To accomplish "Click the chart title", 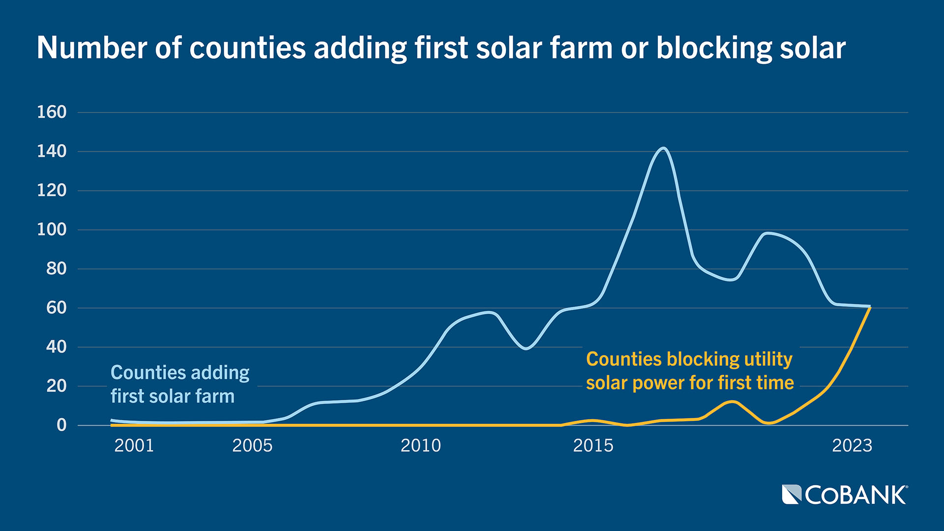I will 441,48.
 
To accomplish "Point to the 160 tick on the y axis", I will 52,112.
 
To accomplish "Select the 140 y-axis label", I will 52,151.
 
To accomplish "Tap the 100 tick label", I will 52,230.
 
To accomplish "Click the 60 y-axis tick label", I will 56,308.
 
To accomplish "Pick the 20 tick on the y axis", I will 56,386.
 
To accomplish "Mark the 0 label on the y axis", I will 61,425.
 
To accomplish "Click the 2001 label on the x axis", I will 134,445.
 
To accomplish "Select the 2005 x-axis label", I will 252,445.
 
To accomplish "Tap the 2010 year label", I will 420,445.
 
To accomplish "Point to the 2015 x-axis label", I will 593,445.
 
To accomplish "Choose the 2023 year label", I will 852,445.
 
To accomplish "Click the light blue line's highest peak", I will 663,148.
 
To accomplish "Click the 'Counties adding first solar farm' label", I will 180,384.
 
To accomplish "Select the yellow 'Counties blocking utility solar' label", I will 689,371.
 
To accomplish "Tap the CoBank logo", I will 844,495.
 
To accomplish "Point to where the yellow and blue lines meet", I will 870,307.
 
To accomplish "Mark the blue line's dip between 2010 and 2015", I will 526,348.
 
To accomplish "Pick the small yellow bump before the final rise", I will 732,402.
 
